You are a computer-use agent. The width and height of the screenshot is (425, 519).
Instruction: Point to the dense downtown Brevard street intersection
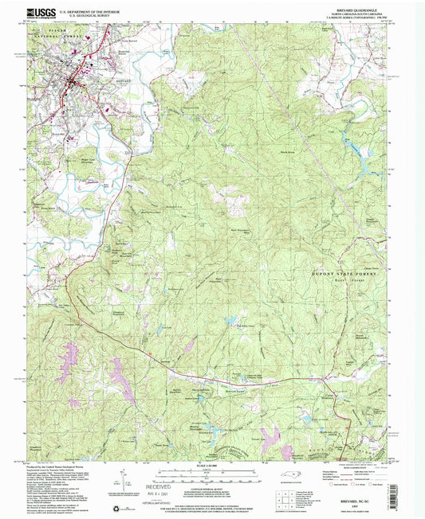(x=76, y=82)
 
